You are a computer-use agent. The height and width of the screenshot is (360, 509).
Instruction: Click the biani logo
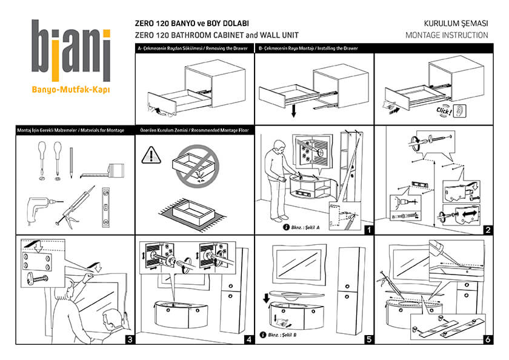tap(72, 51)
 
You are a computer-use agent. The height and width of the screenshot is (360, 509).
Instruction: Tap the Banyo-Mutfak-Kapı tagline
tap(71, 90)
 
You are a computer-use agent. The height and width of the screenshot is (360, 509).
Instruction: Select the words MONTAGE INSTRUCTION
tap(447, 35)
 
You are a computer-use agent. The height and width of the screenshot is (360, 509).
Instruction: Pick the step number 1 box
tap(368, 229)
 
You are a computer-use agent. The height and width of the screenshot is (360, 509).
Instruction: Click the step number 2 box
tap(487, 229)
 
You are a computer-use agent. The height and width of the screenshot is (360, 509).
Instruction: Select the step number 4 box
tap(248, 339)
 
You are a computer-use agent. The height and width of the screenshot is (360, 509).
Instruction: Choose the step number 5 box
tap(368, 339)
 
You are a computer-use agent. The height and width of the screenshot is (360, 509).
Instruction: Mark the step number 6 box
tap(487, 339)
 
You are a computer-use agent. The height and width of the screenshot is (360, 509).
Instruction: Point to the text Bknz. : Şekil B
tap(281, 335)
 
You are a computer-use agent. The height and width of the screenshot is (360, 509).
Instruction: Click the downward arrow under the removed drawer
tap(293, 112)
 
